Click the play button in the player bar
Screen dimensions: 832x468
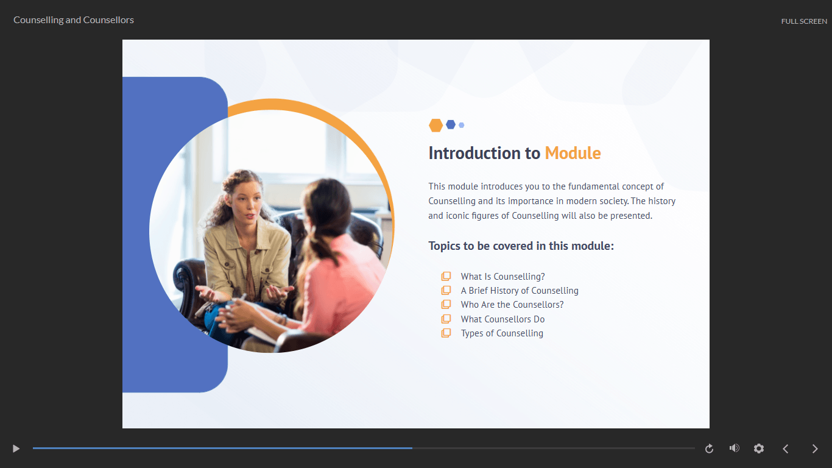pyautogui.click(x=16, y=448)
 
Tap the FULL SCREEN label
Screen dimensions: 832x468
pyautogui.click(x=804, y=21)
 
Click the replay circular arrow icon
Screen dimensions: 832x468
pyautogui.click(x=709, y=448)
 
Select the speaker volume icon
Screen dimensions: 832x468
pyautogui.click(x=734, y=448)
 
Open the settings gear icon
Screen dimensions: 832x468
pyautogui.click(x=759, y=448)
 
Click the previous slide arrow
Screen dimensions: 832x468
pyautogui.click(x=786, y=449)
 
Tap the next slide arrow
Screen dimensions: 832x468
pyautogui.click(x=815, y=449)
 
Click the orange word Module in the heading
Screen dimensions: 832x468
pyautogui.click(x=573, y=153)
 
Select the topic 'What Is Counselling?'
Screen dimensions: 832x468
pyautogui.click(x=503, y=277)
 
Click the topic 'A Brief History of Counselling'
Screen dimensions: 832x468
pyautogui.click(x=520, y=291)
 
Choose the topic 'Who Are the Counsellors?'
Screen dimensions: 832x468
pyautogui.click(x=512, y=305)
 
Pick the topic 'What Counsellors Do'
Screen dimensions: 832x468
pyautogui.click(x=502, y=319)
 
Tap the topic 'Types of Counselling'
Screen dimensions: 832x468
pyautogui.click(x=502, y=333)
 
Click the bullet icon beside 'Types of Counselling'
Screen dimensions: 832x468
pyautogui.click(x=446, y=333)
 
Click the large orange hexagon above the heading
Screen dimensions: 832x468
pyautogui.click(x=435, y=126)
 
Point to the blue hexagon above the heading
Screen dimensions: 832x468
pyautogui.click(x=451, y=125)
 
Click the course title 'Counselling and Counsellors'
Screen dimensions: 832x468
pyautogui.click(x=74, y=20)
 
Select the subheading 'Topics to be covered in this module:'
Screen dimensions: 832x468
pyautogui.click(x=521, y=246)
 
